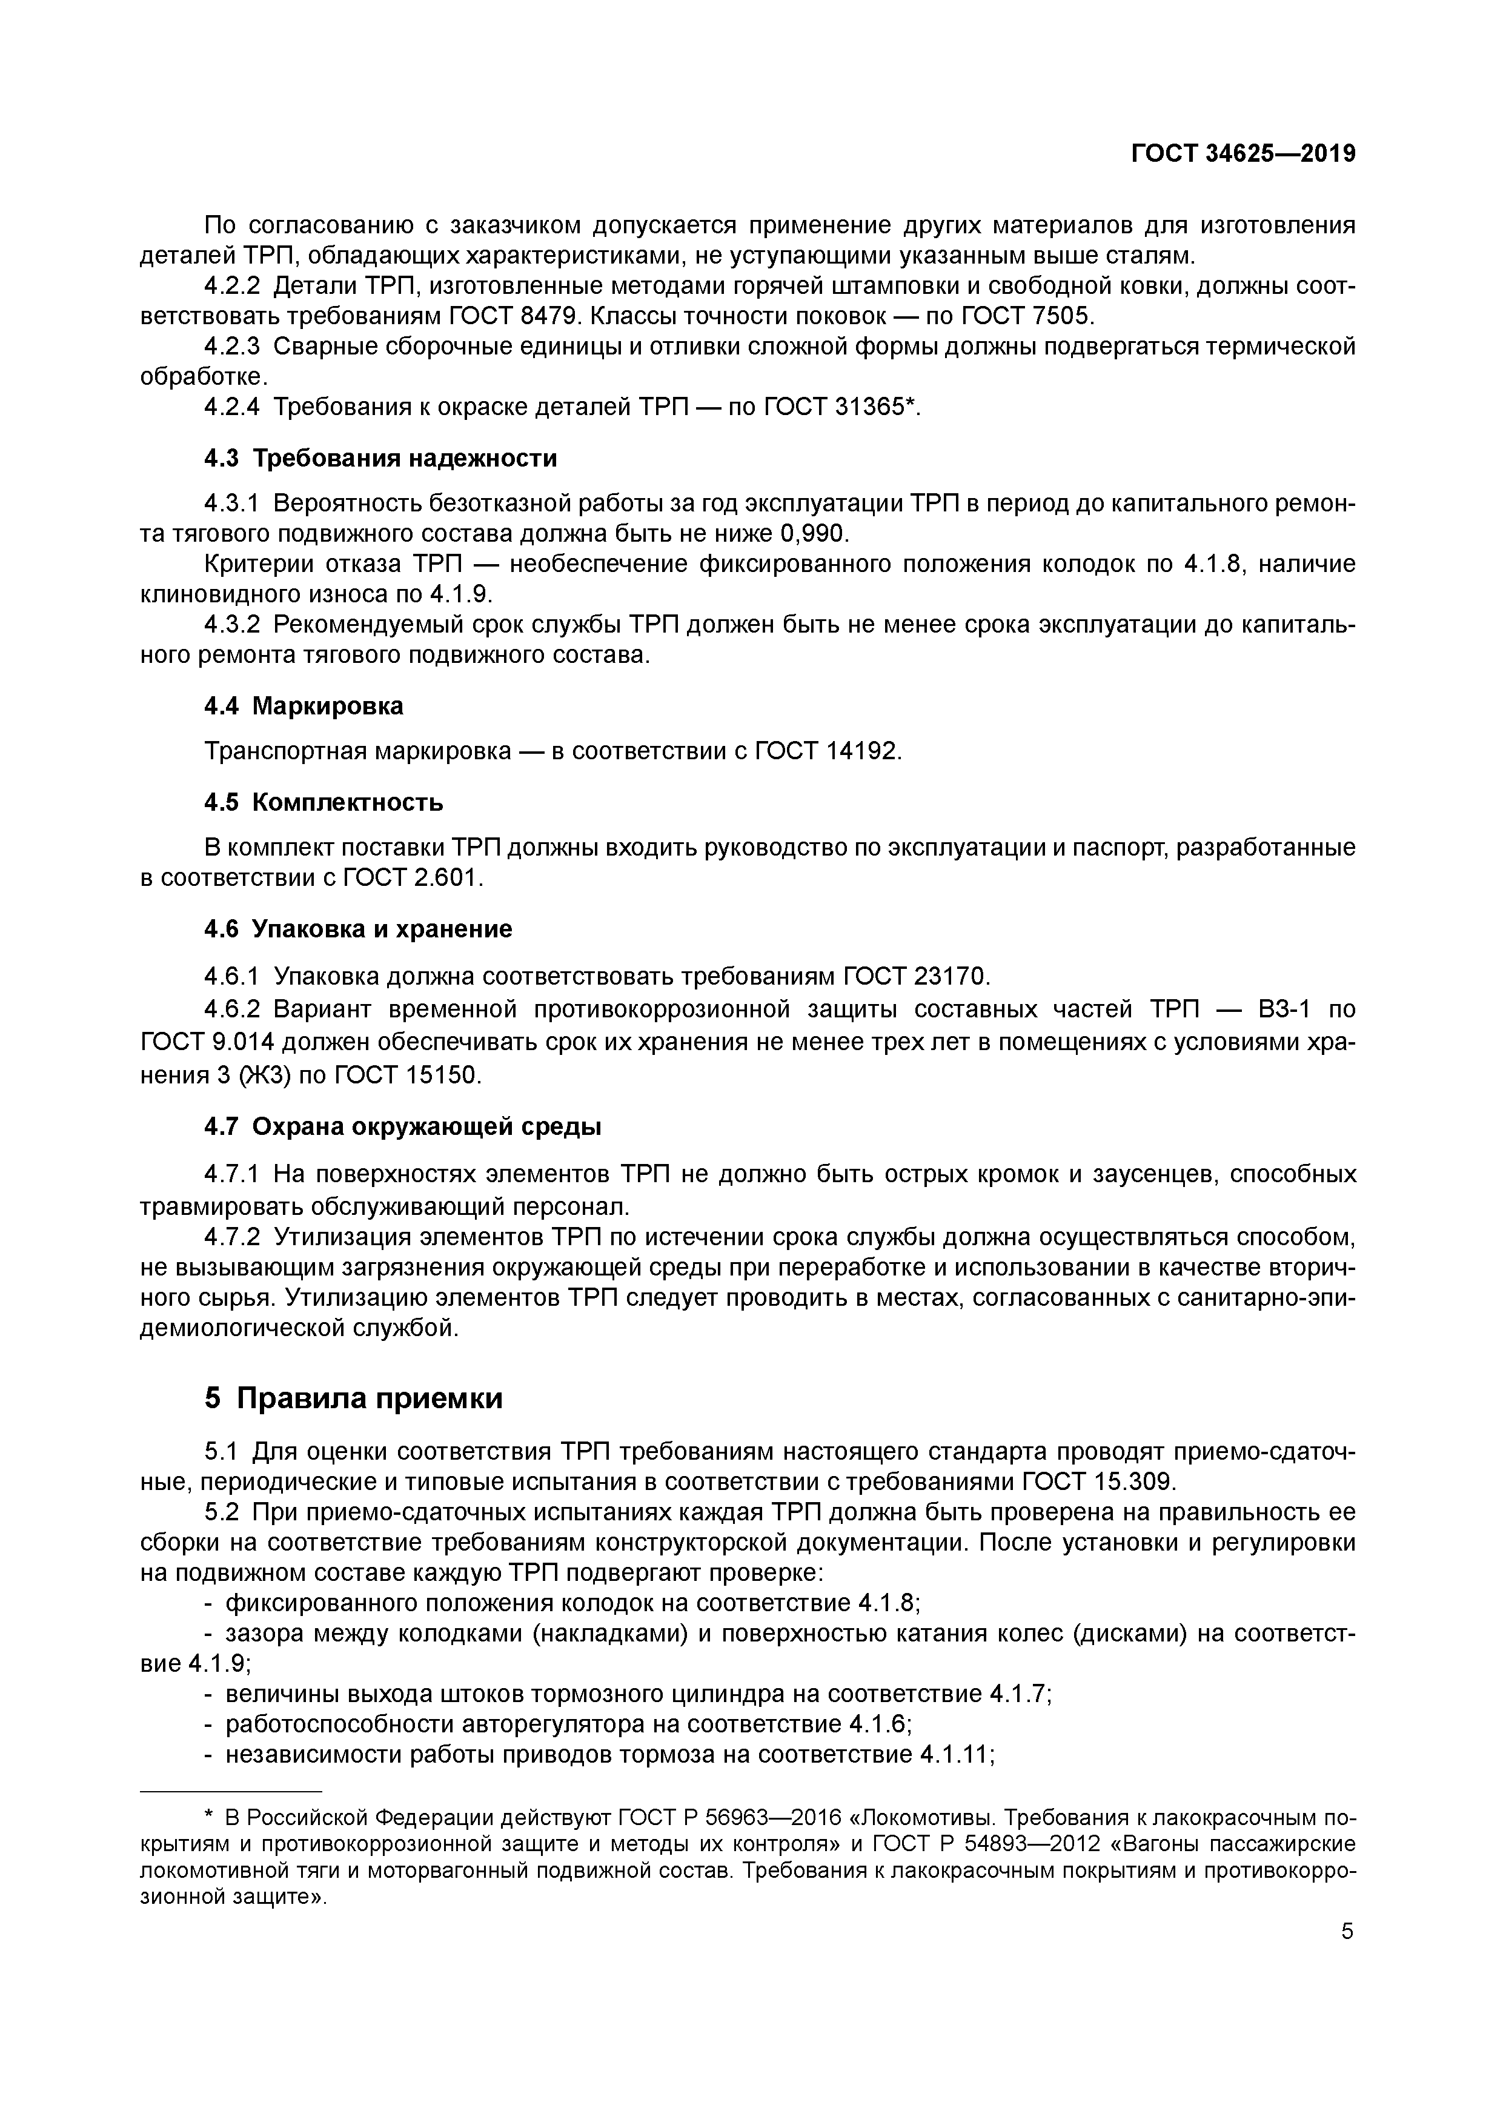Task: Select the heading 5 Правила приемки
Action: click(354, 1398)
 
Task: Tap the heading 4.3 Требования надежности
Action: click(380, 458)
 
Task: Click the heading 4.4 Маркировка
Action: click(304, 706)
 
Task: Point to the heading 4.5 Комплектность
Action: click(323, 802)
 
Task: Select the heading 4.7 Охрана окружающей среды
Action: click(403, 1126)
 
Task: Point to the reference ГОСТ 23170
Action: click(915, 976)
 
